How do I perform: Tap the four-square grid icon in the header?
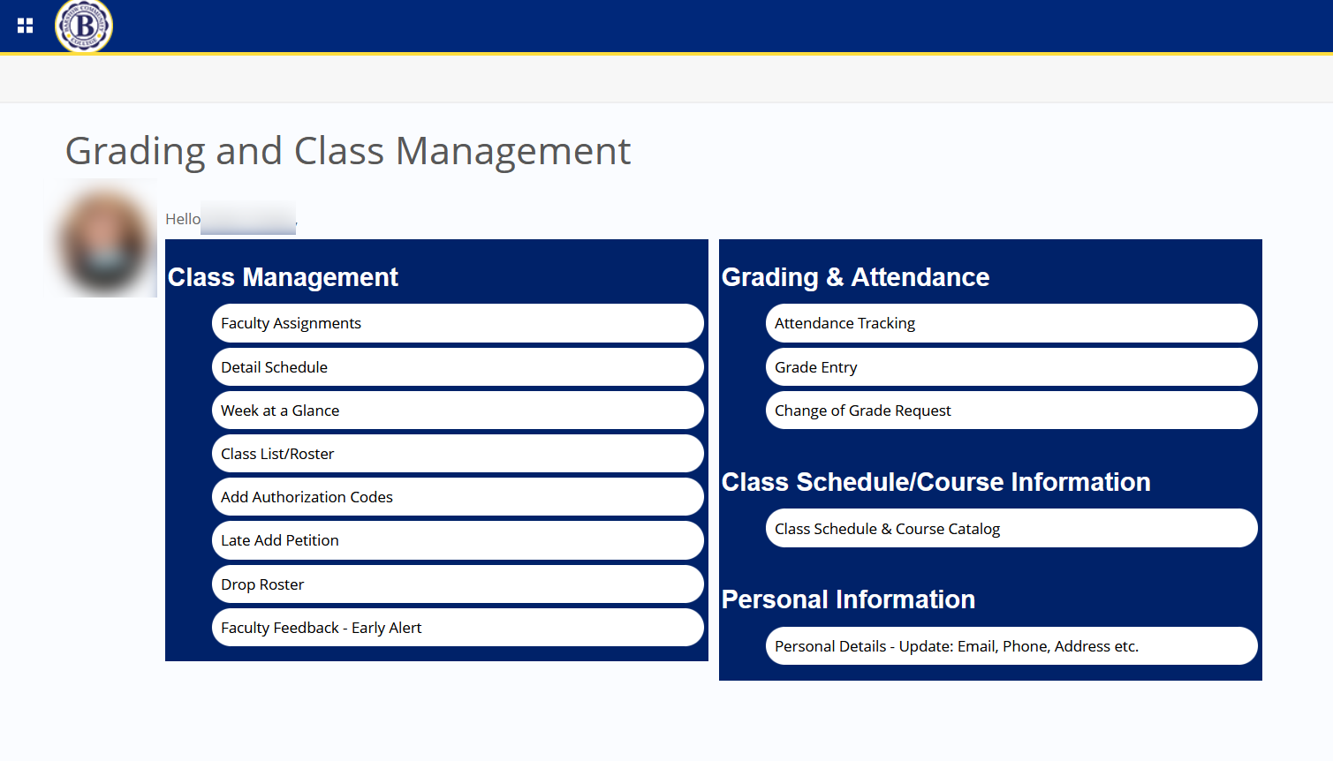(x=26, y=26)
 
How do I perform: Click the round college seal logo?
(x=84, y=26)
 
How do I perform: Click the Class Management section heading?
(x=283, y=277)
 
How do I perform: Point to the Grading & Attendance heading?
(x=855, y=277)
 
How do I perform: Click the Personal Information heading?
(x=848, y=599)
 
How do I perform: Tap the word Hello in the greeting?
(x=182, y=219)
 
